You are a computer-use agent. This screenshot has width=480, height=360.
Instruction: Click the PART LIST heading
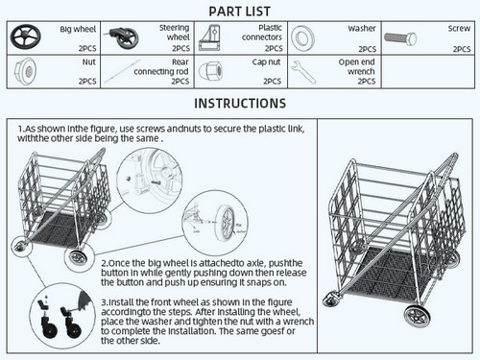240,12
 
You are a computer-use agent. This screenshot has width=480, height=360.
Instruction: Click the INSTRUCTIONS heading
240,104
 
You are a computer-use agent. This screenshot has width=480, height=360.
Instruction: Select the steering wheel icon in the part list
124,38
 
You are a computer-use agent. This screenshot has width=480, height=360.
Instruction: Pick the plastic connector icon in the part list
210,38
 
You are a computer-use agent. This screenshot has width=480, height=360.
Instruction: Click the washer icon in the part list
302,38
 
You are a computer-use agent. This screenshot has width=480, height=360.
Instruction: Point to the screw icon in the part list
400,39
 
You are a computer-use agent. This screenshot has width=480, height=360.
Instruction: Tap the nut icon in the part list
25,71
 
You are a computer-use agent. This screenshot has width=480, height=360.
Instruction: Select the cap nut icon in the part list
211,71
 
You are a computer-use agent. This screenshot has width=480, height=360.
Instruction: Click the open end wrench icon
303,72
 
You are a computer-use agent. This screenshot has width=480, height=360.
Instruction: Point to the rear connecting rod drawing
123,71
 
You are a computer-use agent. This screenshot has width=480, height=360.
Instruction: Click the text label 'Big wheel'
78,30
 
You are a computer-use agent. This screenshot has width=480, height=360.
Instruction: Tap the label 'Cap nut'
266,62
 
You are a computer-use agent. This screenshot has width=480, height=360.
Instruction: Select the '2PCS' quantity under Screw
462,49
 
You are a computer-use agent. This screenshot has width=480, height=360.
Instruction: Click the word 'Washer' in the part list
362,29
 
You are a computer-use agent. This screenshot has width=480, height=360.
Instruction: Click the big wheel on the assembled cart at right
417,316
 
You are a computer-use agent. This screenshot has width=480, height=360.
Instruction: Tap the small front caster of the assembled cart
331,300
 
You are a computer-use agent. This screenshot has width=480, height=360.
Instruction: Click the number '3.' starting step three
105,302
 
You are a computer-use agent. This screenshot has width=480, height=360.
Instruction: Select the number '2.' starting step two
105,263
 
